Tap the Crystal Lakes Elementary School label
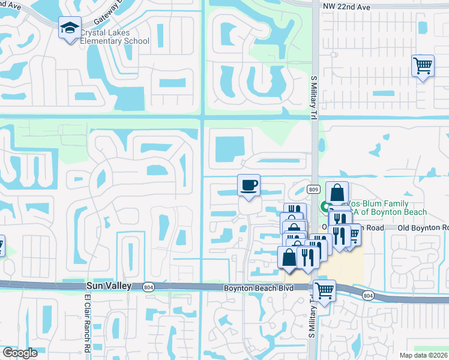click(114, 37)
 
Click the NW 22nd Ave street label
click(346, 5)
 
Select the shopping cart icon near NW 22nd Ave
click(423, 65)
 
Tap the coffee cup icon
click(249, 184)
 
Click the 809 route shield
click(313, 189)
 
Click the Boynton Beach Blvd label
click(259, 288)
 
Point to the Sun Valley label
click(108, 287)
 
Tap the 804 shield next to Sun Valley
click(148, 287)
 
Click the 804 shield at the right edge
click(368, 295)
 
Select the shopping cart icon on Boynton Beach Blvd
click(324, 291)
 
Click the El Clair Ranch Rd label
click(86, 324)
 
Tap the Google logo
click(20, 353)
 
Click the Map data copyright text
click(424, 355)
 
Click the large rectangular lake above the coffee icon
click(229, 148)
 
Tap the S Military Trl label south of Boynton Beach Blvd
click(312, 318)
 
